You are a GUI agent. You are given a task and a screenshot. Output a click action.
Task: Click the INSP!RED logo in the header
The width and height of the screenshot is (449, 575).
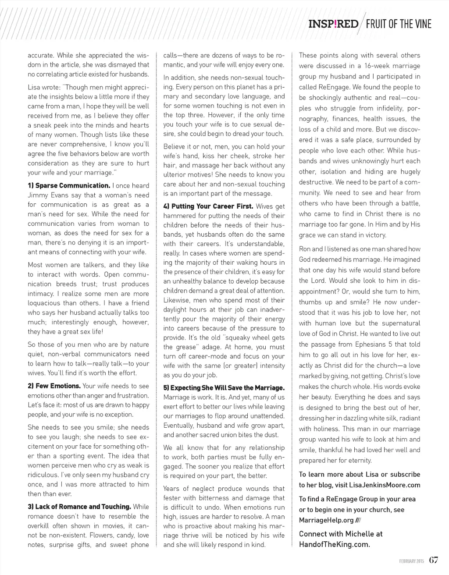point(333,24)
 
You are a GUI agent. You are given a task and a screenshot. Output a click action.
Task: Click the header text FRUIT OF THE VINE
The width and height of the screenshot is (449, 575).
point(398,24)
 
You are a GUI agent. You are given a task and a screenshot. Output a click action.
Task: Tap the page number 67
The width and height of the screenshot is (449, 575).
point(433,560)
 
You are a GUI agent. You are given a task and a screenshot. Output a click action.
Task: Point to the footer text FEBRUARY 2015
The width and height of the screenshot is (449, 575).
point(411,561)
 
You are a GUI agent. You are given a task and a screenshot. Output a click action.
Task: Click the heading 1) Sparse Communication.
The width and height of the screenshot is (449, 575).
point(69,185)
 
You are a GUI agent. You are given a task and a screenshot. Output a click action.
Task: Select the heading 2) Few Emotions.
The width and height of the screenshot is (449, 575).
point(54,386)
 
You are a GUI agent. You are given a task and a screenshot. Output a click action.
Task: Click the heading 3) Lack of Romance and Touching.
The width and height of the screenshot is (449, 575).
point(79,507)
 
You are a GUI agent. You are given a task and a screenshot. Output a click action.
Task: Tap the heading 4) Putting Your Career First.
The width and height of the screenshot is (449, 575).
point(208,206)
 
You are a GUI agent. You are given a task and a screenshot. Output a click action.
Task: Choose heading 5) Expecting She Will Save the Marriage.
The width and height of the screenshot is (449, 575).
point(224,388)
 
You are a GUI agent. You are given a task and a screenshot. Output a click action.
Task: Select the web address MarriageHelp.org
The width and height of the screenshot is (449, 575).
point(326,520)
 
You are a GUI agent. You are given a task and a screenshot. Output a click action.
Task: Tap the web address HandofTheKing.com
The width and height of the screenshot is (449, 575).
point(334,545)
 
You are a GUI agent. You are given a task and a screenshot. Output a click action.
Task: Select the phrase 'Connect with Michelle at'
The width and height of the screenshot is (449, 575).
point(341,534)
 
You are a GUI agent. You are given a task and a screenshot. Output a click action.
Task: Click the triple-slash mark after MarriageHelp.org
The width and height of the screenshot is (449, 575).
point(358,520)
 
